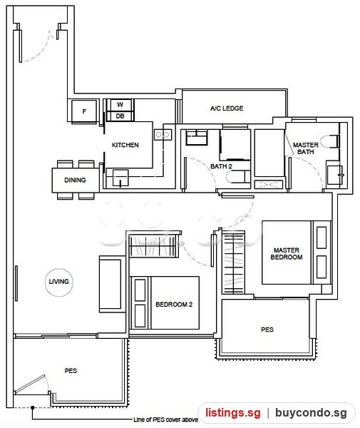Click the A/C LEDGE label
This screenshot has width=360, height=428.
coord(227,108)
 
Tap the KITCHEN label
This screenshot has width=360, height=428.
coord(125,145)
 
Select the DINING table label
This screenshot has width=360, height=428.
coord(75,180)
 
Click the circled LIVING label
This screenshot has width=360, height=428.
coord(59,282)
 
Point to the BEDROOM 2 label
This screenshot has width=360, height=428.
coord(174,305)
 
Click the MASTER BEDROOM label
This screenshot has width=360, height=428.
coord(287,253)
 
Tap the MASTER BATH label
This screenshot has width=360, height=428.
coord(305,148)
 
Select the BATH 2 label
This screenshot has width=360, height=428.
coord(221,166)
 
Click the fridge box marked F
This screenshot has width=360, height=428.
coord(84,111)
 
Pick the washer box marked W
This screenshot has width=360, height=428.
coord(120,105)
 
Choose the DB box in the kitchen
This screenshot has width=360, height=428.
coord(120,116)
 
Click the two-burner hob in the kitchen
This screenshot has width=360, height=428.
coord(163,135)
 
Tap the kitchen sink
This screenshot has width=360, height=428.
coord(120,178)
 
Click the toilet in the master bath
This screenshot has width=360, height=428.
coord(329,141)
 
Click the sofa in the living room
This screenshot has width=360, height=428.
coord(110,284)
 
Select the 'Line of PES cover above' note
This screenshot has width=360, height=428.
coord(165,419)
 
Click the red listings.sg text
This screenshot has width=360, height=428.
coord(233,412)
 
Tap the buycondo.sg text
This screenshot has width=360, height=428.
coord(311,413)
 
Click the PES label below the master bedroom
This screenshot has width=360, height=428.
coord(267,330)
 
